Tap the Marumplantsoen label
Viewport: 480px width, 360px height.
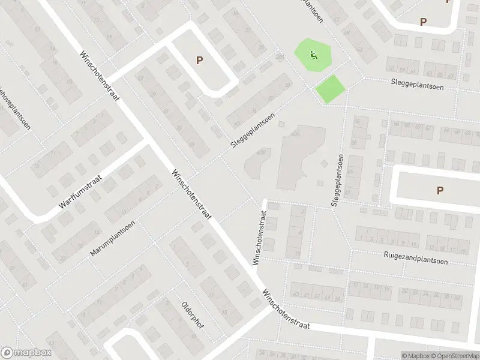point(112,239)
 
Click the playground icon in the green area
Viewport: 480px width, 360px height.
point(313,55)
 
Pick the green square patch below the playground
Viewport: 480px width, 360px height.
point(331,88)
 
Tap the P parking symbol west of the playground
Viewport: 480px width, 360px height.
point(199,60)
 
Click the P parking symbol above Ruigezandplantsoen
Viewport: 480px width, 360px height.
point(440,190)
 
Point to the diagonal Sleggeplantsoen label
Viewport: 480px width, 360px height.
point(255,131)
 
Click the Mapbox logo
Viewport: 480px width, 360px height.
point(26,353)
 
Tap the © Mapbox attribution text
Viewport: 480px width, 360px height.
point(415,356)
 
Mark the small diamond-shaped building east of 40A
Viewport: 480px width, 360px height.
point(324,164)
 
